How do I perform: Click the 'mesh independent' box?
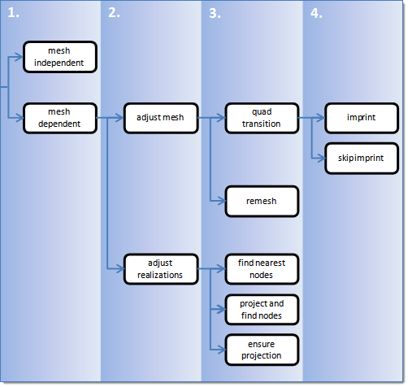[60, 57]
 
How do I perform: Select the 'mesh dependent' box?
[60, 118]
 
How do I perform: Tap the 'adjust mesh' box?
[161, 118]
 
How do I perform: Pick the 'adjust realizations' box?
[161, 269]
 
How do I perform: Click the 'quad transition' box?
[262, 118]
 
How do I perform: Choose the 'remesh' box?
[262, 201]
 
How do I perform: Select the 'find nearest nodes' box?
[262, 269]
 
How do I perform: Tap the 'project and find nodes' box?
[262, 310]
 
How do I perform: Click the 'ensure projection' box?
[262, 350]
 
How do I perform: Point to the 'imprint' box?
[362, 118]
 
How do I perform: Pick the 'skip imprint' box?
[362, 159]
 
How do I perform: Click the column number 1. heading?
[14, 13]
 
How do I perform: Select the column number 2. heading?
[114, 13]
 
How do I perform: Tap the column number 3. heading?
[215, 13]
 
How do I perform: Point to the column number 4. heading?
[316, 13]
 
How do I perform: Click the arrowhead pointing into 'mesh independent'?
[20, 57]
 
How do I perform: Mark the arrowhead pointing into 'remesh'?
[222, 201]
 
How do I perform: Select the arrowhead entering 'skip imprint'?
[322, 159]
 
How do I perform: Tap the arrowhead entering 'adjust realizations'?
[120, 269]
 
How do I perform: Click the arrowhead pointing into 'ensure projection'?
[222, 350]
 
